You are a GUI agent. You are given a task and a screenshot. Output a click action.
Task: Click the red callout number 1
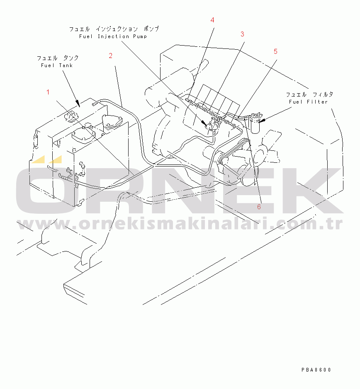tap(48, 92)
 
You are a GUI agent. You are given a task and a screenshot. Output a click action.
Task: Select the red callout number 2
tap(111, 56)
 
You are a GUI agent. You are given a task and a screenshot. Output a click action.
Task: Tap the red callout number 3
tap(242, 34)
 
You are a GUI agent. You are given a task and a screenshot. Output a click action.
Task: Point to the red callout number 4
tap(212, 20)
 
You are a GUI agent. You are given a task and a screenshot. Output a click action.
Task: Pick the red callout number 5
tap(275, 51)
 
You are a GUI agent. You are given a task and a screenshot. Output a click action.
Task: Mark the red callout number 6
tap(259, 207)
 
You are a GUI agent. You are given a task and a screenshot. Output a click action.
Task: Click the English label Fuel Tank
tap(57, 65)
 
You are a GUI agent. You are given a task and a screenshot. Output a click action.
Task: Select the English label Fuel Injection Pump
tap(113, 36)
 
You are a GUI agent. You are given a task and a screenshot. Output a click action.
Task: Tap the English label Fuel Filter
tap(308, 102)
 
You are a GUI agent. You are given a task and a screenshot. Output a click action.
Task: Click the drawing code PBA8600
tap(316, 370)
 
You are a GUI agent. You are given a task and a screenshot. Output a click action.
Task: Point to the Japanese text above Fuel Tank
tap(58, 58)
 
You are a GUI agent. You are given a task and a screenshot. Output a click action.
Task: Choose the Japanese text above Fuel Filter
tap(309, 94)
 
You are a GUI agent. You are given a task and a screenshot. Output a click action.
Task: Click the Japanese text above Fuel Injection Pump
tap(114, 29)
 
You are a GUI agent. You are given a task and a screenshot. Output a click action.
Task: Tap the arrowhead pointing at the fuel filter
tap(262, 121)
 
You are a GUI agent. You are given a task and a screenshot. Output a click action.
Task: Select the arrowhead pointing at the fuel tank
tap(78, 104)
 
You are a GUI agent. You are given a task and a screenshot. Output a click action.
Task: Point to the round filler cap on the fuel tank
tap(71, 116)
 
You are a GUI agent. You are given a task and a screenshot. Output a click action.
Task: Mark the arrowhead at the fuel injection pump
tap(204, 123)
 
